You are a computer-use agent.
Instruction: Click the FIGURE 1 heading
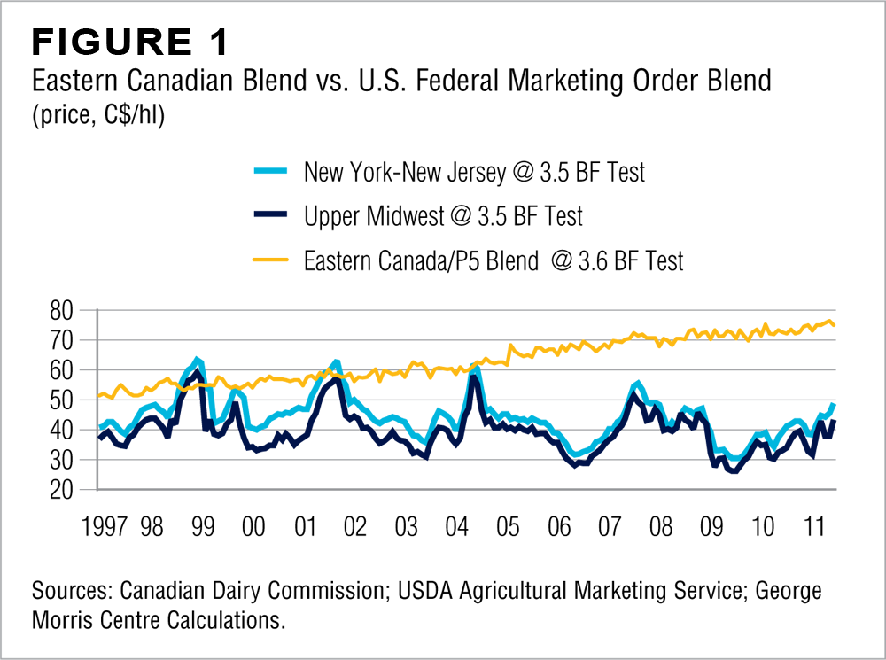[x=130, y=42]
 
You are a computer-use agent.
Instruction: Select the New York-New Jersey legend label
[x=474, y=171]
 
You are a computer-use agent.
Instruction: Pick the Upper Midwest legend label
[x=443, y=216]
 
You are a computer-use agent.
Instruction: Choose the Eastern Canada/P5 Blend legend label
[x=494, y=261]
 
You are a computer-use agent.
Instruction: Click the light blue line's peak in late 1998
[x=197, y=360]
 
